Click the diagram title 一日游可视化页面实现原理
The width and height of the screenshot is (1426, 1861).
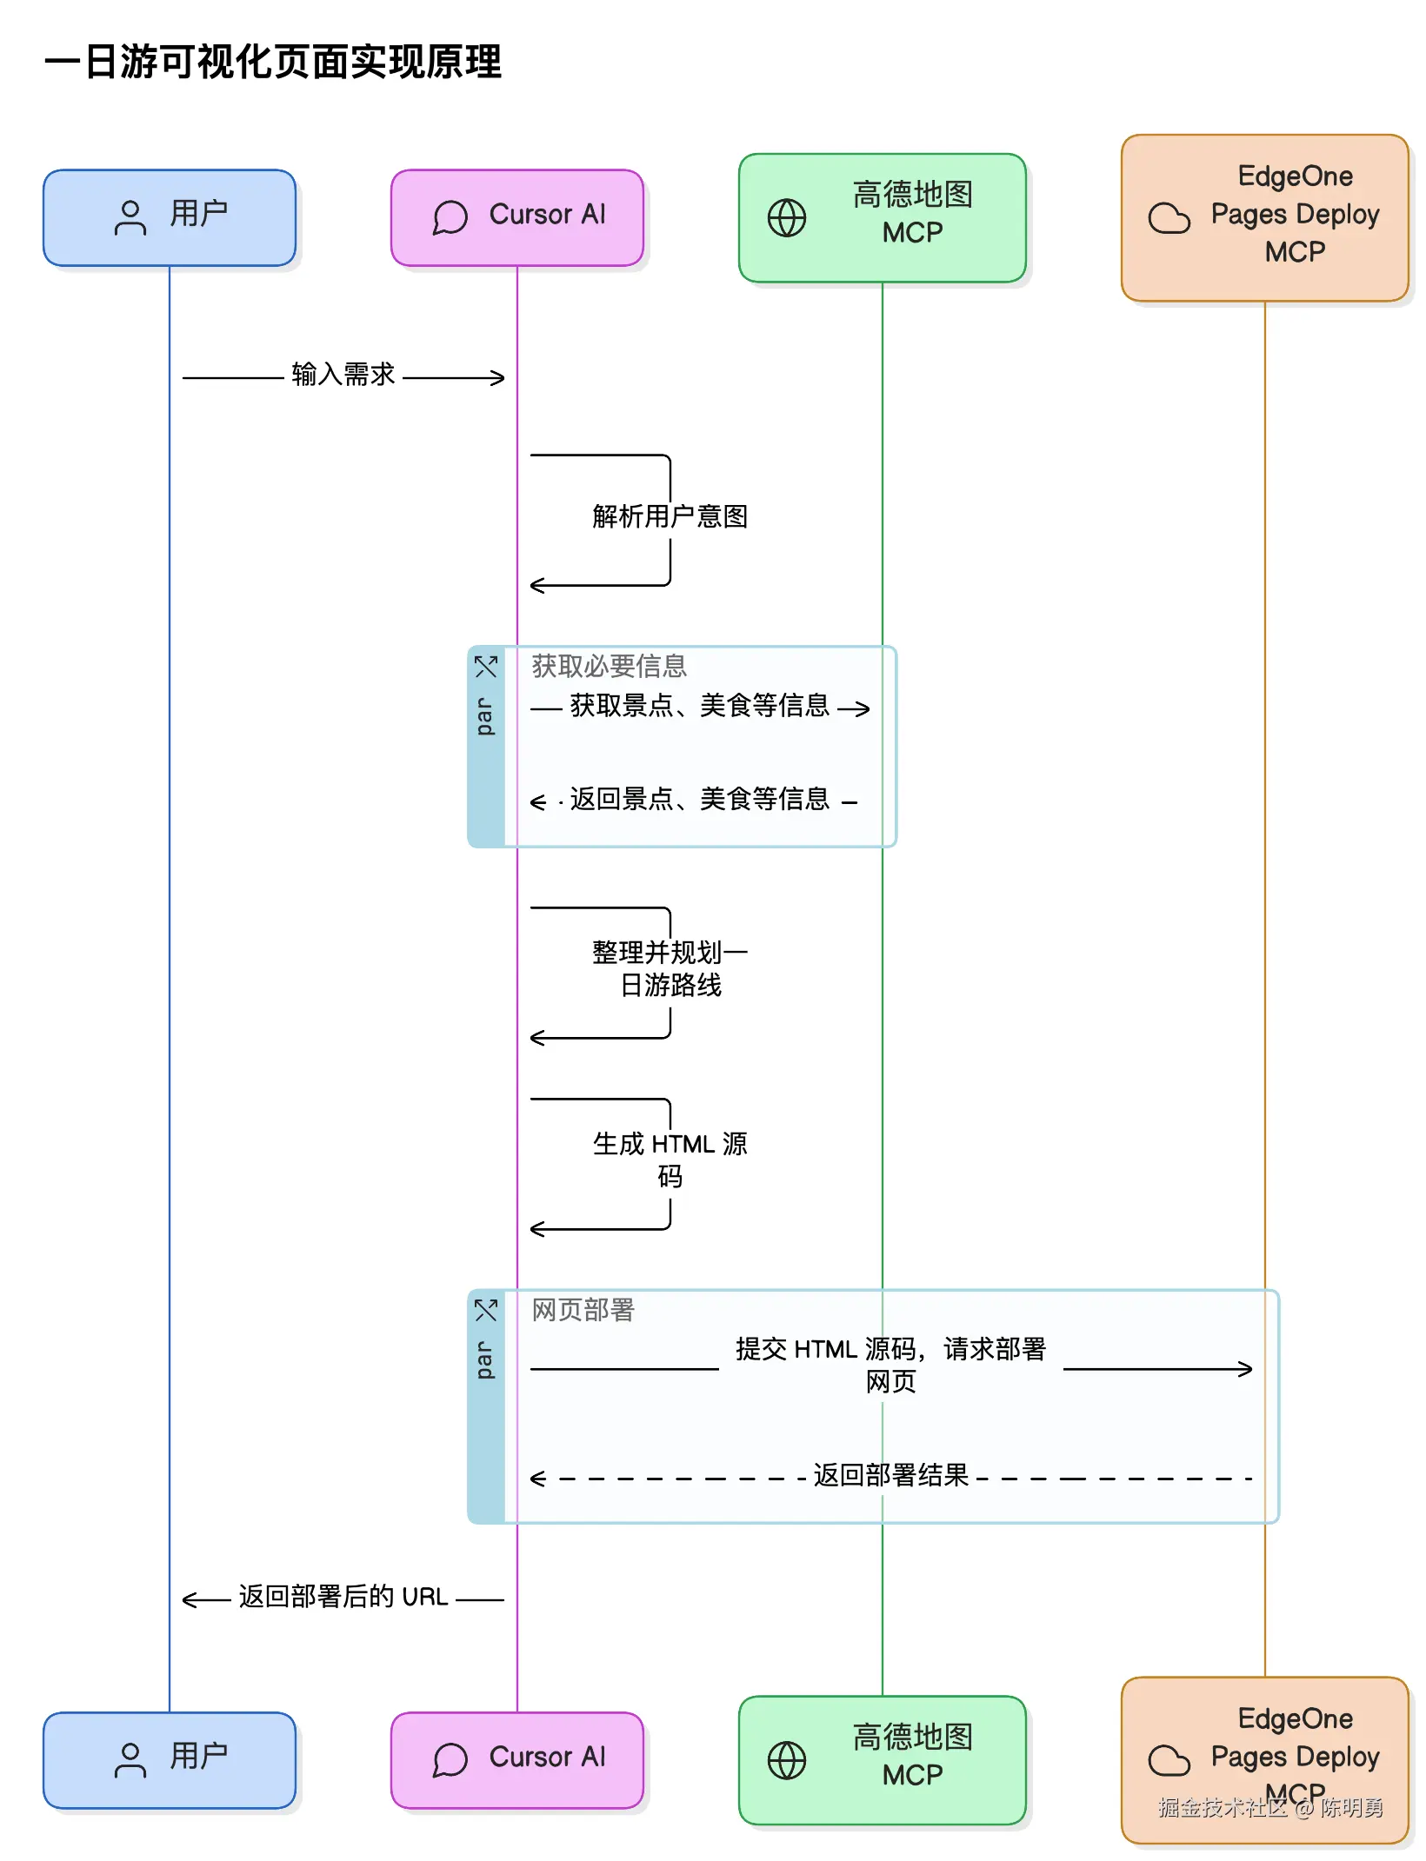coord(273,62)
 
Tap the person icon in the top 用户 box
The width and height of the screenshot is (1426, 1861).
coord(130,217)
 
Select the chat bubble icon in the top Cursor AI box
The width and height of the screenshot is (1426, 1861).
coord(450,217)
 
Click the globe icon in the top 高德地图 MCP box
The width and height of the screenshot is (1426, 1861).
coord(787,217)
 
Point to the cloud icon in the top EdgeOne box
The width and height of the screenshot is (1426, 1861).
coord(1169,217)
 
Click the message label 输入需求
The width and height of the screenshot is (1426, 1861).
coord(343,375)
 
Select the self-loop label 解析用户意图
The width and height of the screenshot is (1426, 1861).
coord(670,516)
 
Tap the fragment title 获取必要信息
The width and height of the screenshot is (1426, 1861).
coord(609,666)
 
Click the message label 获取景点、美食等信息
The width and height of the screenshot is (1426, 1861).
coord(700,705)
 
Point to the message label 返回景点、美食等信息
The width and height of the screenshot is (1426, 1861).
coord(700,799)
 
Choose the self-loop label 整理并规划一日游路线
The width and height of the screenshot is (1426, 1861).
coord(670,968)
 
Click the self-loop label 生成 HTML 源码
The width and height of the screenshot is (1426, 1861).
coord(670,1160)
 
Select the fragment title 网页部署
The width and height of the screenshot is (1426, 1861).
coord(583,1309)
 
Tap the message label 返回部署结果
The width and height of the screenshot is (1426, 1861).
coord(890,1475)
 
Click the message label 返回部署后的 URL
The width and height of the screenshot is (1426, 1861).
coord(343,1597)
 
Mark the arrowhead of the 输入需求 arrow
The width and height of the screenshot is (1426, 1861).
coord(499,377)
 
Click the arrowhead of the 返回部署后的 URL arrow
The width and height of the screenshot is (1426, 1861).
coord(188,1599)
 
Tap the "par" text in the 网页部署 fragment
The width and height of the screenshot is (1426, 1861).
coord(484,1359)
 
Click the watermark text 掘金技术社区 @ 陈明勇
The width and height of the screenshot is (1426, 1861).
coord(1270,1808)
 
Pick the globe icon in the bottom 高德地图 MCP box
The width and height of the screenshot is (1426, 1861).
coord(787,1760)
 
